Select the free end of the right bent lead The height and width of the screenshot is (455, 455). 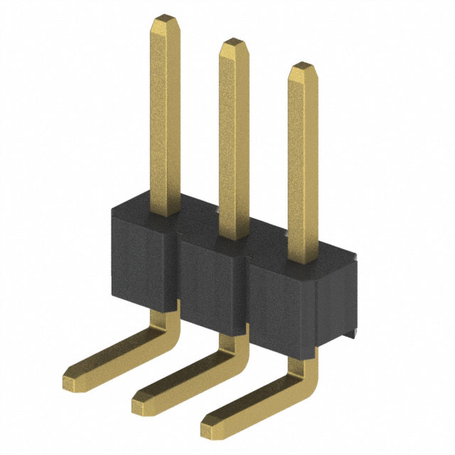click(x=210, y=424)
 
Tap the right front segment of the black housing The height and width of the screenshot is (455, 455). click(x=281, y=306)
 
